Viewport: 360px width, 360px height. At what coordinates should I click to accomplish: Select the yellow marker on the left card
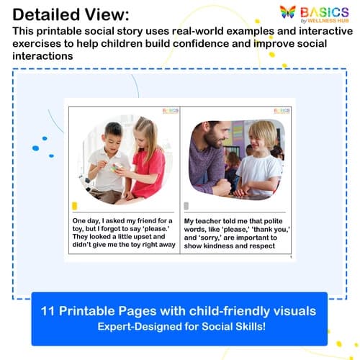[76, 205]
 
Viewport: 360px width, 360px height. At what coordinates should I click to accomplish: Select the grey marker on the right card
[186, 205]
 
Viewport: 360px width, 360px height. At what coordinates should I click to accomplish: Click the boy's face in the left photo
[113, 138]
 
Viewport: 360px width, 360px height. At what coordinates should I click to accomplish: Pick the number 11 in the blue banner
[53, 311]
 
